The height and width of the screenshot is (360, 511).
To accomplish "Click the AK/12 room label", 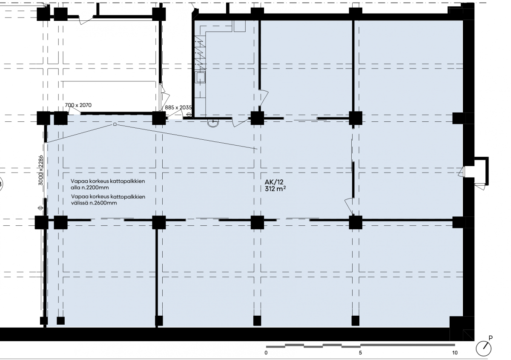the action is (x=274, y=182).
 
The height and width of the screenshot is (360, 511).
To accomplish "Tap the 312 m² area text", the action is (x=275, y=189).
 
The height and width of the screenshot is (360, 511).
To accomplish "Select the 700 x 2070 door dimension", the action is (x=78, y=105).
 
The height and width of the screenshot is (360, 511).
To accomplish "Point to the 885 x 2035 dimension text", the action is (x=178, y=107).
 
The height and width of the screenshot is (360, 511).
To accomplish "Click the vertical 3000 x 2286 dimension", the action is (x=40, y=170).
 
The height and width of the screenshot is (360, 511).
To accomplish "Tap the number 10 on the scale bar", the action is (x=455, y=353).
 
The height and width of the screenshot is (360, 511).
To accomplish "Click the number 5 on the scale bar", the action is (x=360, y=353).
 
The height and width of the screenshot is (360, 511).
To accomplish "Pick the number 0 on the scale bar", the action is (x=266, y=353).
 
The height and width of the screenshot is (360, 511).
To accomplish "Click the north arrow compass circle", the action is (x=483, y=348).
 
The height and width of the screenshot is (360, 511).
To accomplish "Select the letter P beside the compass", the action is (x=491, y=338).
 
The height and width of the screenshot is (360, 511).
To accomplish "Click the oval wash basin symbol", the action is (x=213, y=123).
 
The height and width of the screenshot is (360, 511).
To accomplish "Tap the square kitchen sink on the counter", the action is (x=200, y=77).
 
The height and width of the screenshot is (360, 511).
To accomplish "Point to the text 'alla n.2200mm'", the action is (x=90, y=187).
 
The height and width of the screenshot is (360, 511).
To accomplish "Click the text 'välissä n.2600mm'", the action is (x=94, y=203).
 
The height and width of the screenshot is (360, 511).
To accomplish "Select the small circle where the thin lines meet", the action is (x=115, y=124).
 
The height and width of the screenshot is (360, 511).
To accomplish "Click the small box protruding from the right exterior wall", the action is (x=481, y=171).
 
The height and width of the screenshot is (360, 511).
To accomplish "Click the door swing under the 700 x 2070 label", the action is (x=75, y=111).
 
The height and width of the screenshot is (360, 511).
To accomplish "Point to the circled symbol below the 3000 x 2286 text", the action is (x=40, y=208).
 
